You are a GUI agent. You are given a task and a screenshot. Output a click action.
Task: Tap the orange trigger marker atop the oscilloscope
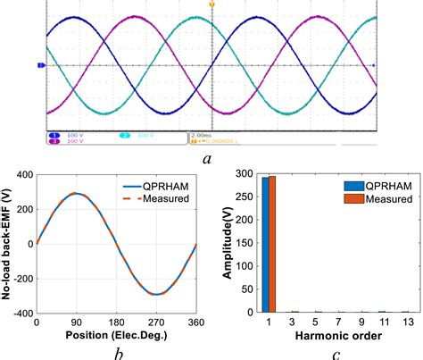(211, 4)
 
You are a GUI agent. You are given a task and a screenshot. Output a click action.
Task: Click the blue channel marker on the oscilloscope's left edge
(40, 65)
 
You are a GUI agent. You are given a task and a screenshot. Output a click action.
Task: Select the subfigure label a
(207, 158)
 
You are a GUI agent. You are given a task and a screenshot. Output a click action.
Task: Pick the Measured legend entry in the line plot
(168, 197)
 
